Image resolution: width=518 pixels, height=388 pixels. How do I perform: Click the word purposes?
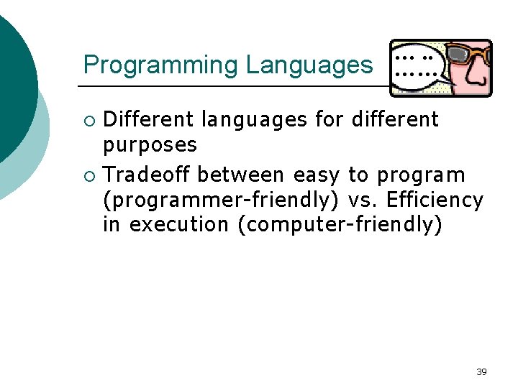tap(150, 145)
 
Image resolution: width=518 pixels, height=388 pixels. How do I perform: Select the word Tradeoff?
tap(147, 175)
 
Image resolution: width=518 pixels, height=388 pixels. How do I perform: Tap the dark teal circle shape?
tap(14, 86)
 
